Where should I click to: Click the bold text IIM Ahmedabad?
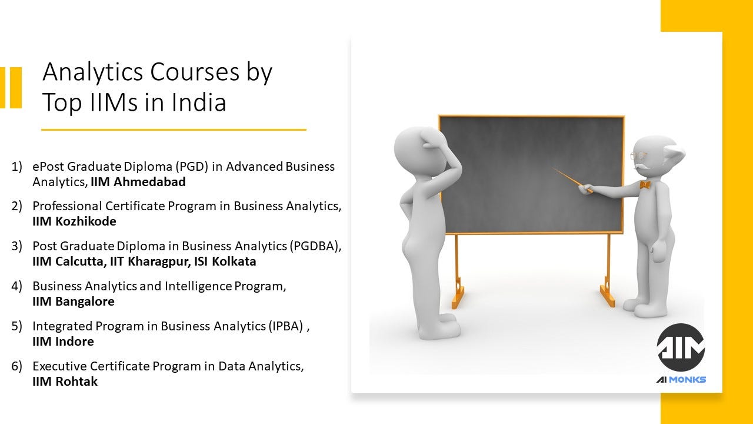138,182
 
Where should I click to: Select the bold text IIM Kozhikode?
74,221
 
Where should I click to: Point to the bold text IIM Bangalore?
74,301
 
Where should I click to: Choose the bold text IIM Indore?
63,341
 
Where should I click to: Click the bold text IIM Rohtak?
65,381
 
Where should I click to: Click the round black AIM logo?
681,347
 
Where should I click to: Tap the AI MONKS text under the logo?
681,380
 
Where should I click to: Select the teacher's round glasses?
638,156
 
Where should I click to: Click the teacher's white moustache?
644,168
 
